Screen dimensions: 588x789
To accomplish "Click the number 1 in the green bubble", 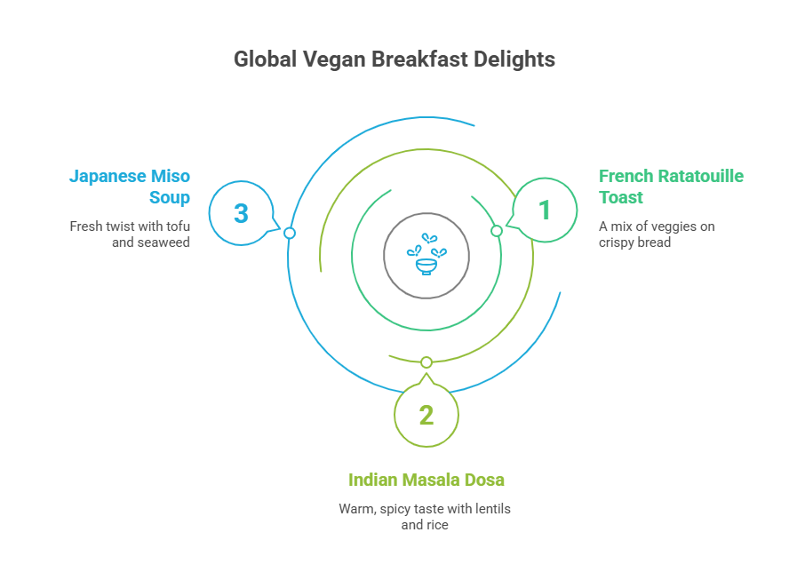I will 545,211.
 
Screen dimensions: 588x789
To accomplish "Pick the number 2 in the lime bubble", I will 426,415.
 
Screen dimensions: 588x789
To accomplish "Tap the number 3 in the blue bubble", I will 241,214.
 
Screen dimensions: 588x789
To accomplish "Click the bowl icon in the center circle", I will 426,257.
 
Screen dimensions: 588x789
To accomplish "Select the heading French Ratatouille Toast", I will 671,187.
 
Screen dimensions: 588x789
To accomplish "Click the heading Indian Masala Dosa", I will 426,480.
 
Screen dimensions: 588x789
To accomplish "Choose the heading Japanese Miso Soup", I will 130,187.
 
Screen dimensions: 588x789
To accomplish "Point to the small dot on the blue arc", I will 289,233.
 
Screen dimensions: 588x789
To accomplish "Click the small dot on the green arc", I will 497,231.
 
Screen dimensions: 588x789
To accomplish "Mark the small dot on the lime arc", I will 426,362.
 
